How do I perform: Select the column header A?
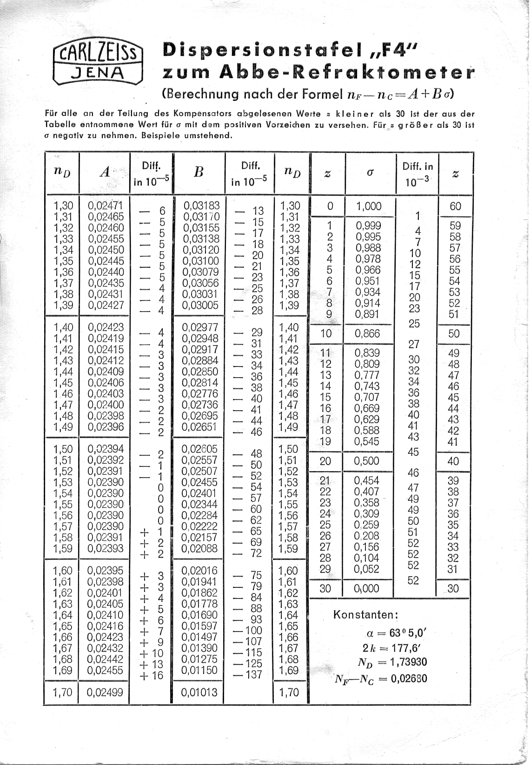pos(105,172)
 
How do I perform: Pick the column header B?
pos(199,172)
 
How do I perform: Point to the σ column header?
pos(370,173)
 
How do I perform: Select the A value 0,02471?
pos(106,206)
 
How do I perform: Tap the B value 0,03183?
pos(201,206)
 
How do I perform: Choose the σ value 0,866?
pos(367,333)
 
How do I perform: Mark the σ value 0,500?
pos(367,461)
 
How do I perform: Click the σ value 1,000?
pos(369,206)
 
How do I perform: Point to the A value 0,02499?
pos(106,692)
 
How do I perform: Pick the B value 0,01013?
pos(199,692)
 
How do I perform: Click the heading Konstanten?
pos(365,615)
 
